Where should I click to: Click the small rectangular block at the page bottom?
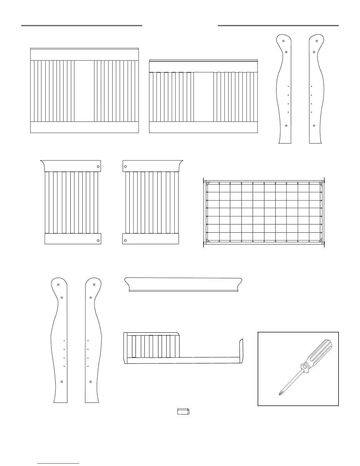tap(183, 412)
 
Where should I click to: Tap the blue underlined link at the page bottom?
tap(58, 463)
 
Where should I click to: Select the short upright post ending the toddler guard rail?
tap(241, 351)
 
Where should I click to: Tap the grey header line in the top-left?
tap(81, 26)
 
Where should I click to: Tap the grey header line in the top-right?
tap(278, 26)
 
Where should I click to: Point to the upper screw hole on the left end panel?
tap(98, 167)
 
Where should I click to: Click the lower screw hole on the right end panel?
tap(125, 241)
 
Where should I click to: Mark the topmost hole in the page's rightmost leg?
tap(317, 41)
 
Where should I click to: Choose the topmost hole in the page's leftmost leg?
tap(58, 284)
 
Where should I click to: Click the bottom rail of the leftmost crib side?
tap(84, 127)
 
